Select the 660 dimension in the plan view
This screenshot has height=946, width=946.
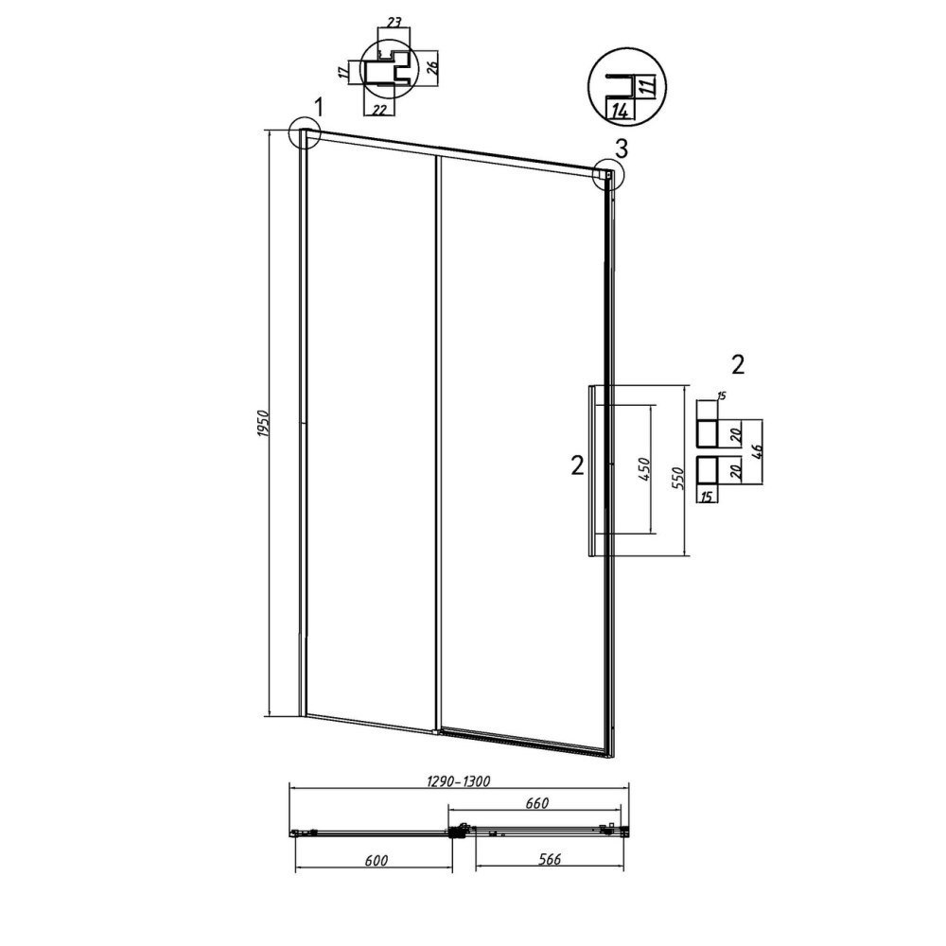tap(537, 803)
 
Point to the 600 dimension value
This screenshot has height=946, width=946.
tap(376, 860)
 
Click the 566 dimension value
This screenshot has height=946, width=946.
tap(549, 859)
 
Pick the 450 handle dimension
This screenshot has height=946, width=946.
tap(643, 469)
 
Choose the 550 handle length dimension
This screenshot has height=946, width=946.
tap(677, 478)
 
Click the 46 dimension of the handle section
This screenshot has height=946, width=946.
tap(759, 451)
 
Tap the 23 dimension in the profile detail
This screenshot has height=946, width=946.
tap(394, 23)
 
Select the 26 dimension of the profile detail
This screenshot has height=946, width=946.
tap(432, 67)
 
